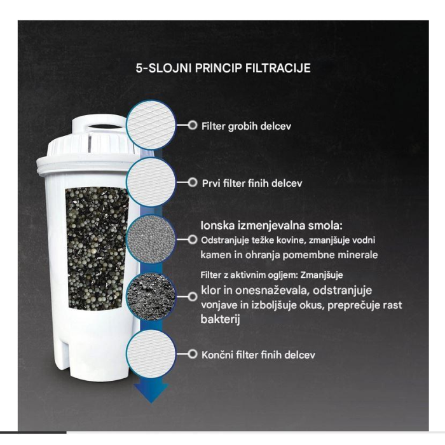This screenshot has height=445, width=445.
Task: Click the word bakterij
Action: pyautogui.click(x=219, y=320)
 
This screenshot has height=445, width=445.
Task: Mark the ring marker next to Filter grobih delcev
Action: pyautogui.click(x=190, y=126)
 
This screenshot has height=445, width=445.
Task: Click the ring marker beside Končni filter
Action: pyautogui.click(x=190, y=355)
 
